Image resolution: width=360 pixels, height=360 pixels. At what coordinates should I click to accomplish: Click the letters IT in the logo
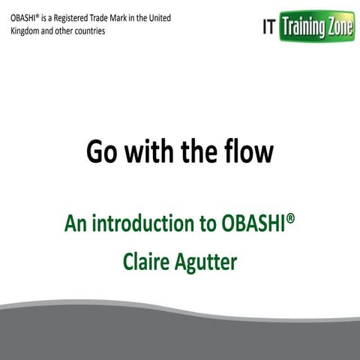coord(268,28)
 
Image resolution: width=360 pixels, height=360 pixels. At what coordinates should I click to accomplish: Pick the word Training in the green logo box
coord(304,28)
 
